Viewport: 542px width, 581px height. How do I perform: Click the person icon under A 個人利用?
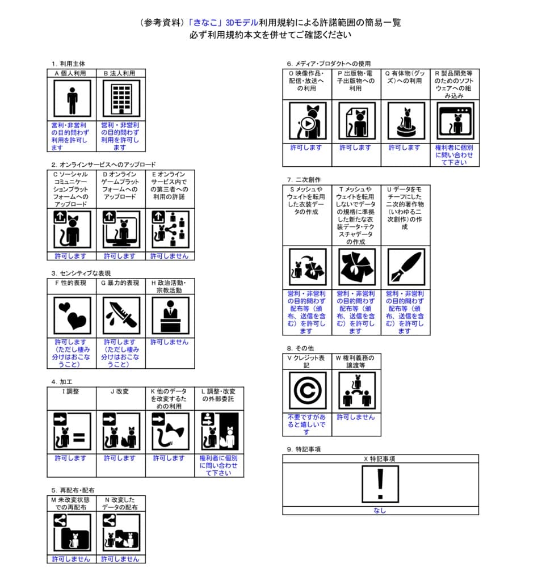coord(72,99)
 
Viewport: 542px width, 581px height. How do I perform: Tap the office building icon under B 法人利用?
coord(121,99)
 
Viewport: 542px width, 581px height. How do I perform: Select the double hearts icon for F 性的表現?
coord(72,315)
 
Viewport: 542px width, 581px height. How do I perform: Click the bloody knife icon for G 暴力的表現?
coord(121,315)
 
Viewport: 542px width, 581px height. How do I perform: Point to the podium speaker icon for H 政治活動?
coord(170,315)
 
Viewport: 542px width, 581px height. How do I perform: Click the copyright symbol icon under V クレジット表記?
coord(308,390)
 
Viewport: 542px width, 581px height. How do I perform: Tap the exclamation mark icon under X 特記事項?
coord(380,485)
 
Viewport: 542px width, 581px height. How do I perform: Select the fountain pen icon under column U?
coord(406,267)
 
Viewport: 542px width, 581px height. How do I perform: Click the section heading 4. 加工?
coord(62,382)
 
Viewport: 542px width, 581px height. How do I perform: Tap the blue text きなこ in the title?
coord(205,23)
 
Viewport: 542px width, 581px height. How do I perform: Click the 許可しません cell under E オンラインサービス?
coord(170,256)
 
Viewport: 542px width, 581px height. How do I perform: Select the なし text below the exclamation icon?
coord(380,511)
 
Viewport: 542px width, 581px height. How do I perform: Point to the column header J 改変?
coord(120,391)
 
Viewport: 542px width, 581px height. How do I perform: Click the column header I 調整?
coord(70,391)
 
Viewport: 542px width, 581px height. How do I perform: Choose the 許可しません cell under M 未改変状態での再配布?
coord(71,559)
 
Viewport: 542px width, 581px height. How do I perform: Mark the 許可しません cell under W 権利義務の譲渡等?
coord(356,417)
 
